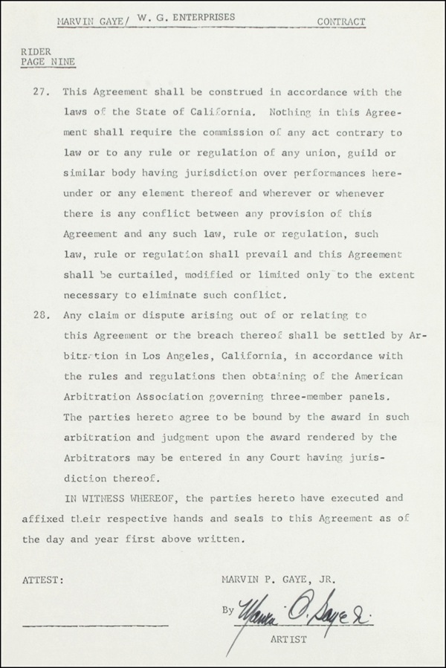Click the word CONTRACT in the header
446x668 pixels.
coord(341,22)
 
